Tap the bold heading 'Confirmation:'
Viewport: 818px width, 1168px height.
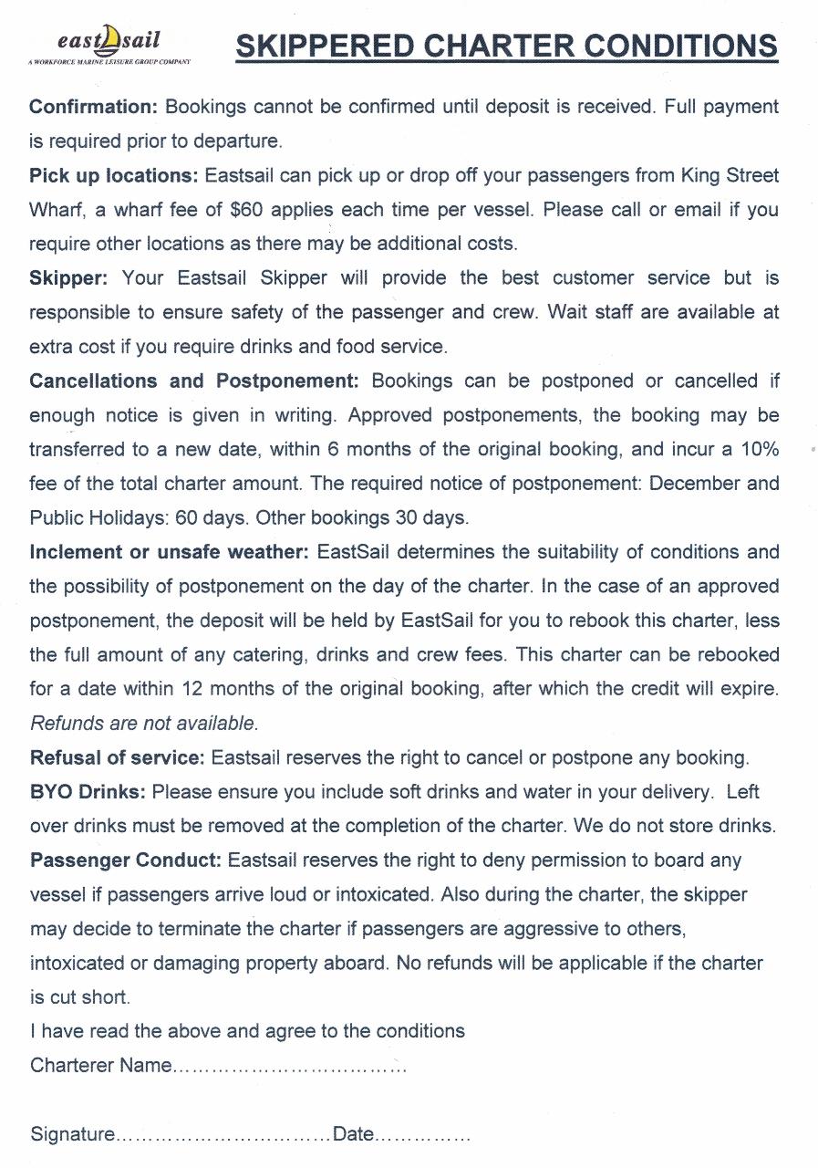click(94, 107)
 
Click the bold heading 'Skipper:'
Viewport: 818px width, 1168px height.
click(68, 278)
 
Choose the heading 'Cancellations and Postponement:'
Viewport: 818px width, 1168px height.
click(194, 381)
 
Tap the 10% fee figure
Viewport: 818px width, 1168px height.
click(759, 449)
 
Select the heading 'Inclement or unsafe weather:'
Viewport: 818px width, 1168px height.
click(170, 552)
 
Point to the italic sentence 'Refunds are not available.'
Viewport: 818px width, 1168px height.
click(144, 724)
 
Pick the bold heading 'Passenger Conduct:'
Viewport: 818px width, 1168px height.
click(126, 860)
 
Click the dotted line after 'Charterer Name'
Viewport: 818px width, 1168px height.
click(289, 1067)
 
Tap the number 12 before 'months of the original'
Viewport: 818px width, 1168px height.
click(192, 689)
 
